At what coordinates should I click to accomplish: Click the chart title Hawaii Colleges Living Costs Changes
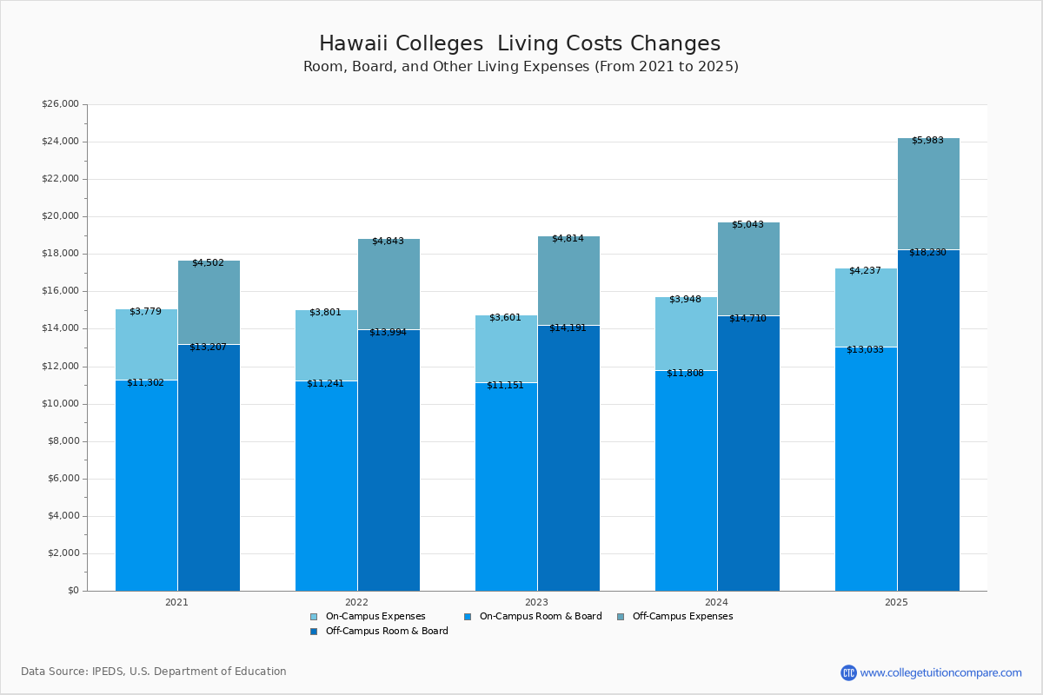click(x=520, y=43)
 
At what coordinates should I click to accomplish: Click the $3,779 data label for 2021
click(x=145, y=311)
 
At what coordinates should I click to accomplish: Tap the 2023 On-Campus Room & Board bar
click(x=506, y=486)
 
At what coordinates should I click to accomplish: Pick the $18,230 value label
click(x=927, y=252)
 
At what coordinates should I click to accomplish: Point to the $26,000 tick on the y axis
click(x=60, y=104)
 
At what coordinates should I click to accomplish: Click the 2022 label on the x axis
click(x=356, y=601)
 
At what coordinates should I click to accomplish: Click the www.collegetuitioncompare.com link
click(x=940, y=672)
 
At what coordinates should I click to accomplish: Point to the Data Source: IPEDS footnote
click(x=154, y=672)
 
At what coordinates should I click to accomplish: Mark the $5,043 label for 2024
click(x=747, y=224)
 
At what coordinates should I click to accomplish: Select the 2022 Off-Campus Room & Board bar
click(x=389, y=460)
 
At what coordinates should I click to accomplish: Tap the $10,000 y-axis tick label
click(x=60, y=404)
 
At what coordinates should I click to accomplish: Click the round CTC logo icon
click(x=848, y=672)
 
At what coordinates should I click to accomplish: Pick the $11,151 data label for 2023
click(x=505, y=385)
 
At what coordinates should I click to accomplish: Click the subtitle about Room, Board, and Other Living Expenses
click(x=521, y=67)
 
